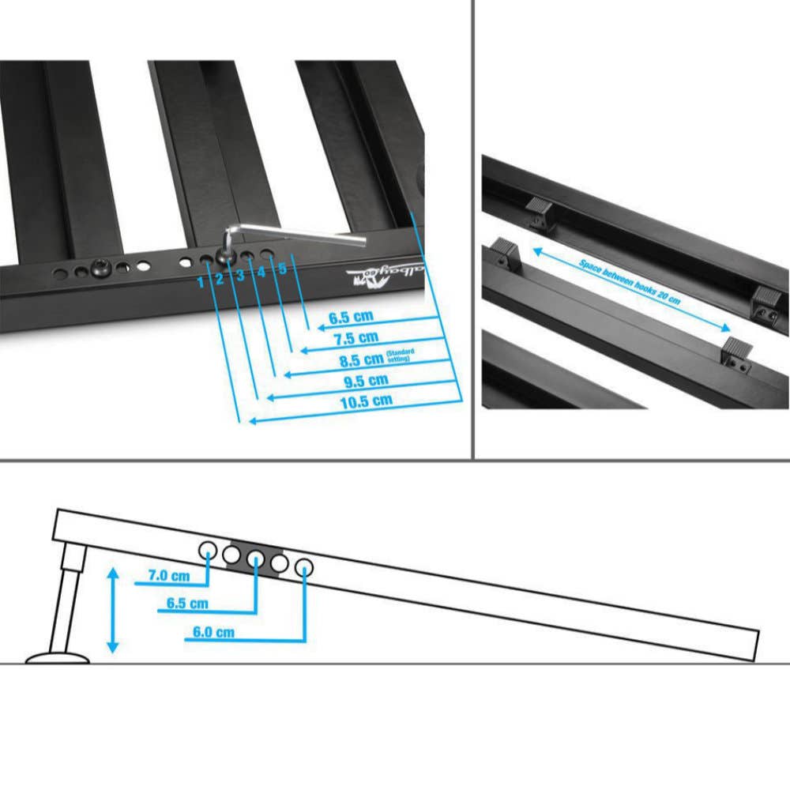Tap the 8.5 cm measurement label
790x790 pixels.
(362, 359)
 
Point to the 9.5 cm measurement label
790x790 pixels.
(364, 380)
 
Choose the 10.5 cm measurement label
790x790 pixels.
(366, 401)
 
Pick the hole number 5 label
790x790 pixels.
(282, 268)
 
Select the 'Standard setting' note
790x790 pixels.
(400, 355)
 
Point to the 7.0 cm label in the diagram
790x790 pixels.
(169, 577)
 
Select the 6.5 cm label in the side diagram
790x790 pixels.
(187, 604)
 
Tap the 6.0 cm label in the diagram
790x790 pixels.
(213, 632)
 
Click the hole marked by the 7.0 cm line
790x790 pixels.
(209, 550)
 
